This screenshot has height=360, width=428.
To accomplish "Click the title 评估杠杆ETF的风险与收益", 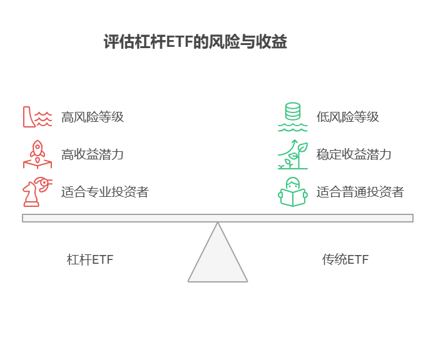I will point(195,42).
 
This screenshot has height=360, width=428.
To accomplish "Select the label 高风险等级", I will point(92,117).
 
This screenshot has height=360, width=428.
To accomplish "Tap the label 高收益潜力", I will point(92,154).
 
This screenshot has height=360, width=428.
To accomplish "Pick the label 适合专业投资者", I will point(104,192).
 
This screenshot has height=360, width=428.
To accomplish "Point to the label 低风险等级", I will point(347,117).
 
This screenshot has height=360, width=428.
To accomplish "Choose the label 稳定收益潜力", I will point(354,154).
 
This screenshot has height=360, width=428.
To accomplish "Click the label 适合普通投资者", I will point(360,192).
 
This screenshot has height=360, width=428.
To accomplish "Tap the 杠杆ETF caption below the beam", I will point(90,259).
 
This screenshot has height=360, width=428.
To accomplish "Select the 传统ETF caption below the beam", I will point(345,259).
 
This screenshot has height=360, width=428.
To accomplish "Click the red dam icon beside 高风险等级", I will point(37,117).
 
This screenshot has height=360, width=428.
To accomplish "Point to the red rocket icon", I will point(37,154).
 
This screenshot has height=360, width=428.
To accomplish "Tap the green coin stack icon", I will point(292,117).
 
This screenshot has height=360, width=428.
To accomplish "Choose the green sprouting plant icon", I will point(293,154).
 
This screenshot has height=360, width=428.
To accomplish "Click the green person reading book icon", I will point(293,192).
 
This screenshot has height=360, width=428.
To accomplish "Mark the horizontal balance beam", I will point(218,218).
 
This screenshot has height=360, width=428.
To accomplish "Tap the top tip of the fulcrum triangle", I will point(218,224).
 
